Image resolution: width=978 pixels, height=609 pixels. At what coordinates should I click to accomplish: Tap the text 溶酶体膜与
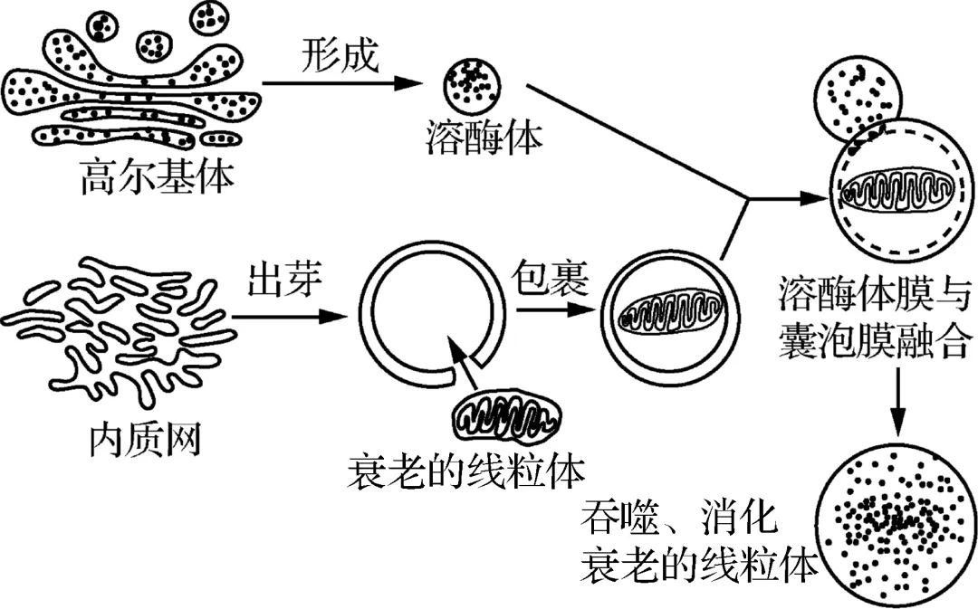coord(874,296)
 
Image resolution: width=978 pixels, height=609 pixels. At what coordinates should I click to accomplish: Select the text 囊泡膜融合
coord(874,342)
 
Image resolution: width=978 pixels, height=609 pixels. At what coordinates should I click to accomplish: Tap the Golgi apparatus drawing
coord(131,86)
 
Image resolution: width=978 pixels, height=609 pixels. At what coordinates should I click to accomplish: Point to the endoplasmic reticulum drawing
coord(118,335)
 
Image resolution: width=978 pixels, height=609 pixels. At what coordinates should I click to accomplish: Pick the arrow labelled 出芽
coord(290,318)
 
